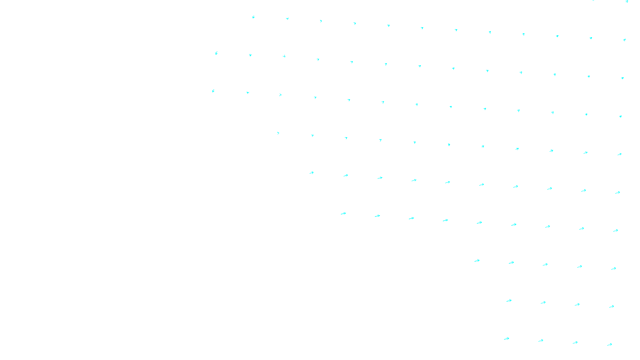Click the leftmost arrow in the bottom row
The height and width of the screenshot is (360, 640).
[x=506, y=339]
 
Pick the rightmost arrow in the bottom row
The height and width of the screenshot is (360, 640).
[x=610, y=344]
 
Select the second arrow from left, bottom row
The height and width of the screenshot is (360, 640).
[x=541, y=341]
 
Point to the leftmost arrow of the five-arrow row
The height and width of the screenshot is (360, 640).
[x=477, y=261]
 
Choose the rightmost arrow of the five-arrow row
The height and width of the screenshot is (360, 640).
[x=614, y=269]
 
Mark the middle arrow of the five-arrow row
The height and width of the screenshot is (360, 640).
[x=545, y=264]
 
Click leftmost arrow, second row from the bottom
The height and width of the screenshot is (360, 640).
[x=509, y=301]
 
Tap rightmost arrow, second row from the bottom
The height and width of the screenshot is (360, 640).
[x=612, y=307]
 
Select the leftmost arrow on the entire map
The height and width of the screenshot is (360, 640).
[x=213, y=91]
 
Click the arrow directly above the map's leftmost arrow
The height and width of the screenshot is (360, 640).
[x=216, y=53]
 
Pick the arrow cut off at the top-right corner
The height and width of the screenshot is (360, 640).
[x=627, y=2]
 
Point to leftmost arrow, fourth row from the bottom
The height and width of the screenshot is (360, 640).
[x=343, y=214]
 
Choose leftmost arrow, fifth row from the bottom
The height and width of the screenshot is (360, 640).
[x=312, y=173]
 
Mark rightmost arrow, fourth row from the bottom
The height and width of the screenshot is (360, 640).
[x=616, y=230]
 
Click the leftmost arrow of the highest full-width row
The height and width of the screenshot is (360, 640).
[x=253, y=17]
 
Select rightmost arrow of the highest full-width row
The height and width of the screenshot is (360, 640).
[x=624, y=40]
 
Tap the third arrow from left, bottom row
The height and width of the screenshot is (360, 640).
[x=575, y=343]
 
